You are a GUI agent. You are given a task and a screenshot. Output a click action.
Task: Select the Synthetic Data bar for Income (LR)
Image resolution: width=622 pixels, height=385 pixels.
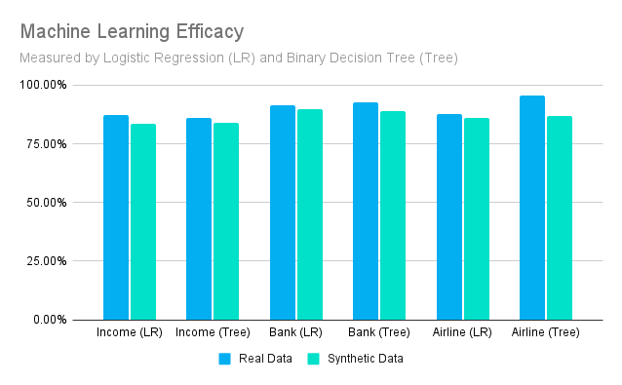(143, 222)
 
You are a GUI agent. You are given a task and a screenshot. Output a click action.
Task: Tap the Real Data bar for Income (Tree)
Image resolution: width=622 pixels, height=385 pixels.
(199, 219)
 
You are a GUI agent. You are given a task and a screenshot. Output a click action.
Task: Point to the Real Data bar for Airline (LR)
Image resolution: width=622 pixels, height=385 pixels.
(449, 217)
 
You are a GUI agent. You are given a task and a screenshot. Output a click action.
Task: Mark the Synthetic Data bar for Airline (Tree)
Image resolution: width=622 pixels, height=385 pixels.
(560, 218)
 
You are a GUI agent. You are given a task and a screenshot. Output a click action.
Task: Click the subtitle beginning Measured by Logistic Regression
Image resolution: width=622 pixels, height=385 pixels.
(239, 58)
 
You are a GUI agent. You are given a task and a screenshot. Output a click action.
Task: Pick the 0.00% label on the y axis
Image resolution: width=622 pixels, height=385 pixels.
(51, 320)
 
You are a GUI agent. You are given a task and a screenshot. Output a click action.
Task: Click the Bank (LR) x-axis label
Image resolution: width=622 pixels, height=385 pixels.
(296, 333)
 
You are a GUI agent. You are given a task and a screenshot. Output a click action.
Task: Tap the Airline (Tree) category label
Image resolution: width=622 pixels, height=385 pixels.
(546, 333)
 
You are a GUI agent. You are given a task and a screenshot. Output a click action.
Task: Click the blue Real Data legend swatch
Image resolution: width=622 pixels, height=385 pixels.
(224, 359)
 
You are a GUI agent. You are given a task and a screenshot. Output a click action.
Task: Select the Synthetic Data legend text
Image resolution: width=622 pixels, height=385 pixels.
(365, 359)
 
